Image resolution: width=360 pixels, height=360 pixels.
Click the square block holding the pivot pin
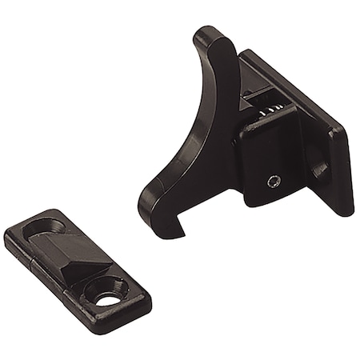tap(268, 164)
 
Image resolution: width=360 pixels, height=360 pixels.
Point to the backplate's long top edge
tap(296, 92)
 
